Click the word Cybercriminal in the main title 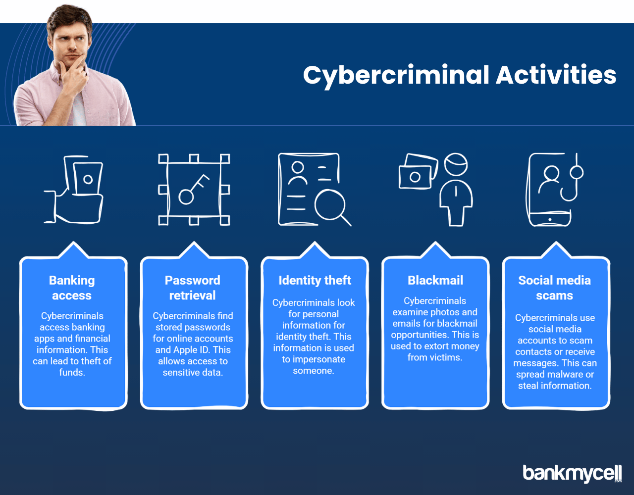396,76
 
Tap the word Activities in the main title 556,75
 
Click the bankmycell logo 572,473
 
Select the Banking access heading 72,288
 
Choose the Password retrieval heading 193,288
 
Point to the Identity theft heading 315,280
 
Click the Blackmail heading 435,280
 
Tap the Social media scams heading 555,288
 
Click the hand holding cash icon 73,190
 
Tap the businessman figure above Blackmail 456,190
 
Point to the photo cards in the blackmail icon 419,171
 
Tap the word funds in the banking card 72,372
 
